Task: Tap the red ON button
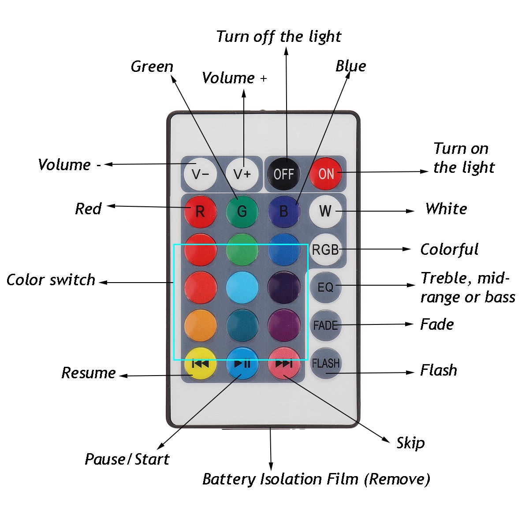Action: pos(326,174)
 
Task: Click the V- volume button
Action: pos(200,174)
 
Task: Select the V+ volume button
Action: pos(242,174)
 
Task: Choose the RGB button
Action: pos(325,250)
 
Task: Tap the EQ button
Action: pos(325,287)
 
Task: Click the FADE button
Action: pos(325,325)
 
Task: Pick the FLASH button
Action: pos(325,363)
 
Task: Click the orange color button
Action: pos(200,325)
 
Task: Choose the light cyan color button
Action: pos(242,287)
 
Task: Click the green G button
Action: pos(242,211)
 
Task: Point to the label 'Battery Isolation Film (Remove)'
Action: pos(316,479)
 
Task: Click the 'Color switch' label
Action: pos(51,280)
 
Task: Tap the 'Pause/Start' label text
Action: pos(127,459)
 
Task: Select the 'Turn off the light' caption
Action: pos(279,37)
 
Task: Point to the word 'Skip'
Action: pos(410,443)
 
